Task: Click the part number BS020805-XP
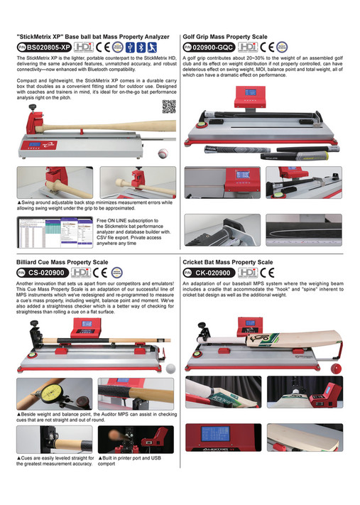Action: point(49,45)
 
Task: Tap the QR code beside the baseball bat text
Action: point(168,107)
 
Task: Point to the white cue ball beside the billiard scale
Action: point(170,368)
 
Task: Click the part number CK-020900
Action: point(212,272)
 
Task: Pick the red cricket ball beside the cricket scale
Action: point(337,368)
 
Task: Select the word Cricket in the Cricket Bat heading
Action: point(195,262)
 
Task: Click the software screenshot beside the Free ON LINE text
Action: point(53,233)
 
